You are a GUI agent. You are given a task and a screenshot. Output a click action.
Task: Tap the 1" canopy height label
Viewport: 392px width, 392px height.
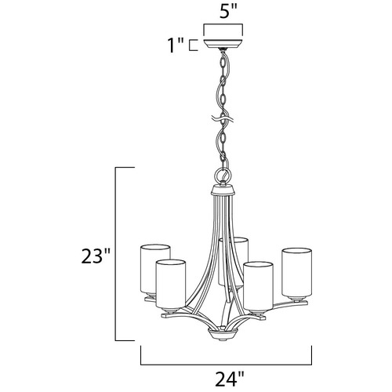tap(176, 45)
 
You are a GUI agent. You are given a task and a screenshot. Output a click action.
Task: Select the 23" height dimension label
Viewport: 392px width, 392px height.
tap(95, 256)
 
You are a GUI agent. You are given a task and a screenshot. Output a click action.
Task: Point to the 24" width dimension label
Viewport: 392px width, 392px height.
tap(230, 379)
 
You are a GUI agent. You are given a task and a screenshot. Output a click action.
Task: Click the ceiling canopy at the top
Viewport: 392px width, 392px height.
tap(223, 44)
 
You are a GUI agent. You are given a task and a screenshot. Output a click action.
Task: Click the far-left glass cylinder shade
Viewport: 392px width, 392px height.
tap(155, 269)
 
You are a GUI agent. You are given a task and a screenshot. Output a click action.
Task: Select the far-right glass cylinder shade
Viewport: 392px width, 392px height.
tap(296, 274)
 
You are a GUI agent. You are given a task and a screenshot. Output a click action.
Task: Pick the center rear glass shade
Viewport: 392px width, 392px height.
tap(233, 261)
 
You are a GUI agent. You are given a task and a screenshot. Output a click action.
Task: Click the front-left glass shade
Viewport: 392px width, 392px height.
tap(171, 284)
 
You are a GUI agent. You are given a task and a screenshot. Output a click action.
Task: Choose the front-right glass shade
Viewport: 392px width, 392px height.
tap(258, 287)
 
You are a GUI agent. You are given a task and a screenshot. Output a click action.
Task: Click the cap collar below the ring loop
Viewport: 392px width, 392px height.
tap(223, 190)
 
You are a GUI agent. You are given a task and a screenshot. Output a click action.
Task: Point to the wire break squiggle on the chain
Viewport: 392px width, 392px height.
tap(223, 120)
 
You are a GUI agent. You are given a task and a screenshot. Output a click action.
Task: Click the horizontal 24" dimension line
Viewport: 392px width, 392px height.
tap(227, 365)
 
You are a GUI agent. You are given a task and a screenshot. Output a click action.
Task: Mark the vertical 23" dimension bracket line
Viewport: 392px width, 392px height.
tap(115, 254)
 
